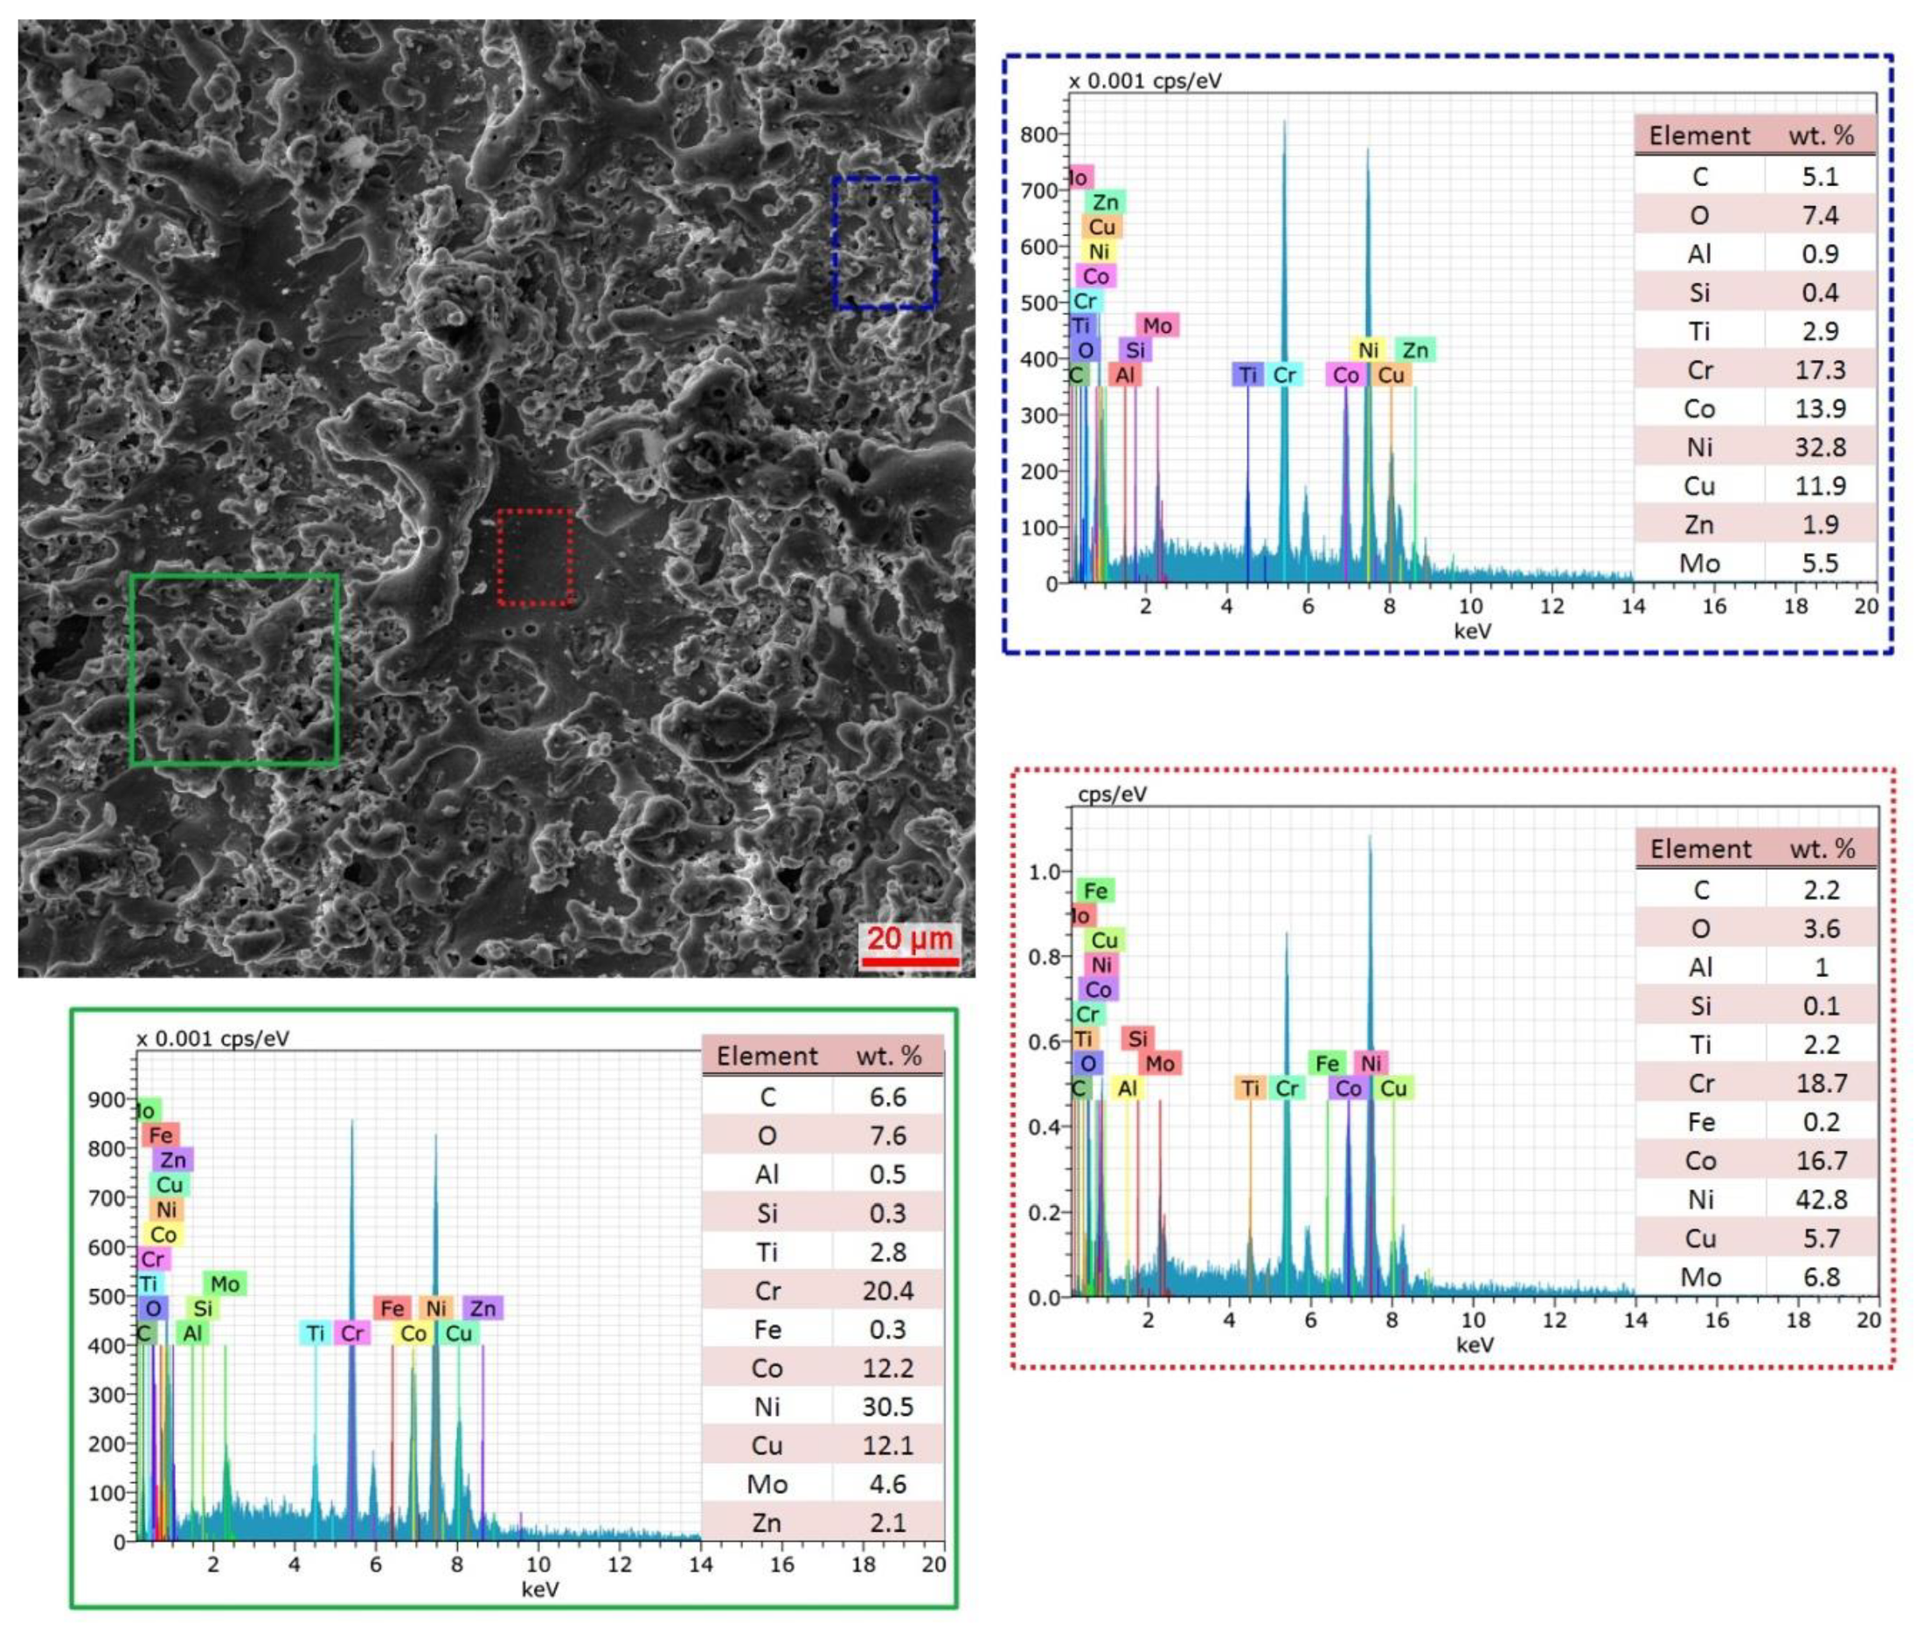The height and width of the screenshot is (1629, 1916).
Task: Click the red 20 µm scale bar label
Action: (x=908, y=939)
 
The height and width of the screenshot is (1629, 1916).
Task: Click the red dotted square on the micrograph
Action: (x=534, y=557)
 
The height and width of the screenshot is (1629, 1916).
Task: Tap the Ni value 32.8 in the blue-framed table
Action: (x=1819, y=447)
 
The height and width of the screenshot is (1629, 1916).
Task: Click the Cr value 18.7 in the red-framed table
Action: (x=1821, y=1083)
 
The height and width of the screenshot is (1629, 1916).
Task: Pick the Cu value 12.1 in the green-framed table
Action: (x=887, y=1445)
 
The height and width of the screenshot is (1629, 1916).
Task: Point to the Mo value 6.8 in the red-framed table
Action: (x=1821, y=1277)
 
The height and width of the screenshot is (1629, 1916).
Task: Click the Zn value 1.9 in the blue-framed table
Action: (x=1819, y=524)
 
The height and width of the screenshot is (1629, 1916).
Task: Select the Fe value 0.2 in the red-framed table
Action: (x=1821, y=1122)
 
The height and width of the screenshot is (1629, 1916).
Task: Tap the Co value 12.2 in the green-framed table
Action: (x=887, y=1368)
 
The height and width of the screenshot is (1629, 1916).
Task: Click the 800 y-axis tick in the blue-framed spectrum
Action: (x=1038, y=135)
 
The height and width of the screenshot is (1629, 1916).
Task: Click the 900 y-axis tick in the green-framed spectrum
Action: (x=107, y=1099)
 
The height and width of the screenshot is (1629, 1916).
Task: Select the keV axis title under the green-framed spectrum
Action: (x=539, y=1589)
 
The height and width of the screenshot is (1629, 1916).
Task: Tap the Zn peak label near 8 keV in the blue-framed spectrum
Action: (x=1414, y=350)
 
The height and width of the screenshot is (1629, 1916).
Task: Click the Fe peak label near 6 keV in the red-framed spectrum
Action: (x=1327, y=1064)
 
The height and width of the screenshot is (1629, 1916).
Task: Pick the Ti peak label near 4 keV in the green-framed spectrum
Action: (x=315, y=1333)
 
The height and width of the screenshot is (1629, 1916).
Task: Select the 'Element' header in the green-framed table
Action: (x=767, y=1056)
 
